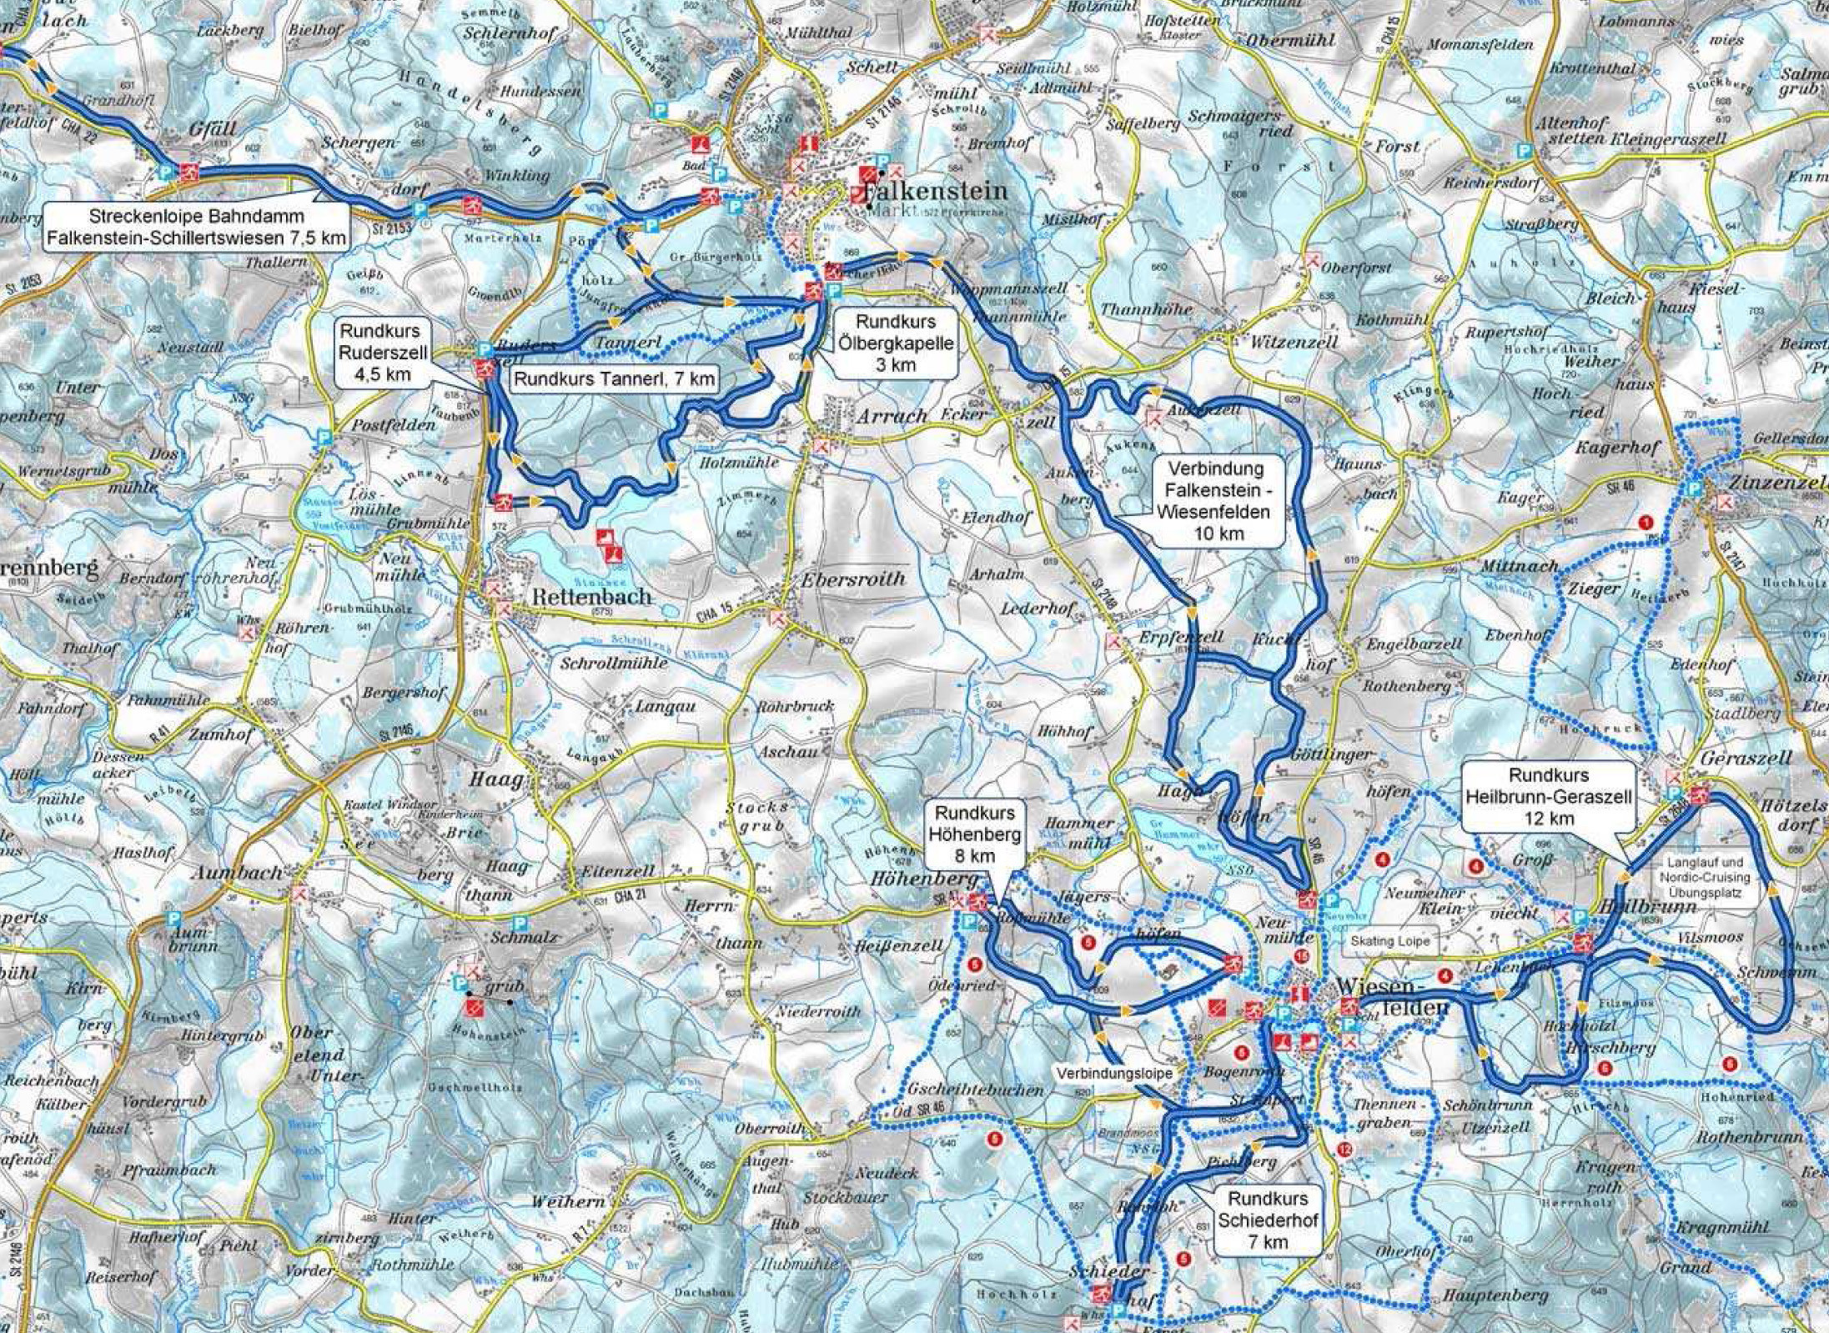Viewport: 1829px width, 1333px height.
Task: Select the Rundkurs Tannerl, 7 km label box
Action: [x=615, y=379]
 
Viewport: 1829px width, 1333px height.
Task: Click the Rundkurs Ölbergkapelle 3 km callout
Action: [x=896, y=342]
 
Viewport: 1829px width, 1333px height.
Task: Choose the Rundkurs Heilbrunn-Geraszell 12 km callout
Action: [x=1548, y=797]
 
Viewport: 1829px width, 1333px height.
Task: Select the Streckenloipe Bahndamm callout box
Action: [x=196, y=227]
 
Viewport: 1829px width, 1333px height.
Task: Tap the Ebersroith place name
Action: [x=852, y=579]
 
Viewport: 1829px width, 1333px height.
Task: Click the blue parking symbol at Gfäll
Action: [x=165, y=173]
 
